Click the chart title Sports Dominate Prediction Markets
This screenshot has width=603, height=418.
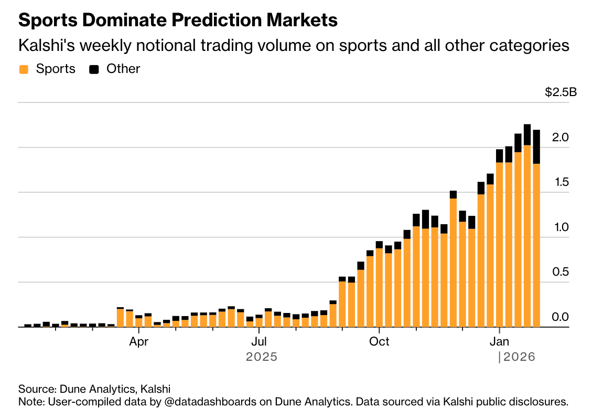click(178, 20)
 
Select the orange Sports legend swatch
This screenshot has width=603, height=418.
click(23, 69)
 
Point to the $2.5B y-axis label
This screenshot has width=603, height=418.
click(561, 93)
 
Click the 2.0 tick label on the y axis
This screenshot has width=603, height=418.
click(561, 137)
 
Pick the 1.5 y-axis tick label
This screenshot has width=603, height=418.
click(561, 182)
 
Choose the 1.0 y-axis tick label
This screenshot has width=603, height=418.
click(561, 227)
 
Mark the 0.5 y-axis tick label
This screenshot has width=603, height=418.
click(561, 272)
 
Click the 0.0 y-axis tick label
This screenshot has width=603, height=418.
click(561, 317)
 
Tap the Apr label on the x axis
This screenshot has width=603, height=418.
click(138, 341)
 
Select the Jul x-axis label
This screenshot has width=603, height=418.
click(258, 341)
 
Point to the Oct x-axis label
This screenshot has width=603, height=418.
click(379, 341)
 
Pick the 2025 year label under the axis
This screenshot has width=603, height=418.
click(261, 357)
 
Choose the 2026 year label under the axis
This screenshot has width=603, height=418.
click(519, 357)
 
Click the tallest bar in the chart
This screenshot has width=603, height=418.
click(527, 226)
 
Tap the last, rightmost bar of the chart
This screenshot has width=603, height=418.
click(536, 231)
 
